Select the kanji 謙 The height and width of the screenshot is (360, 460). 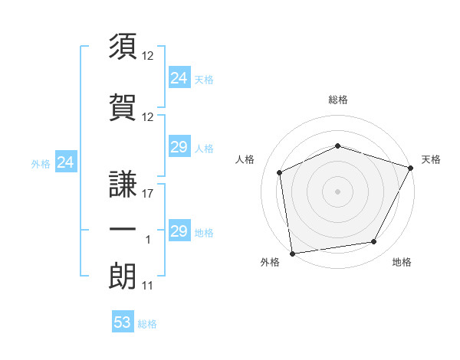tap(123, 185)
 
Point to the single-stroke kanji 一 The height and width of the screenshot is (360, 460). tap(123, 228)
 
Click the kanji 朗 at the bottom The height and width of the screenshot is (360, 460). tap(123, 273)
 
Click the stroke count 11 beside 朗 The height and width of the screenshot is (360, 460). tap(148, 286)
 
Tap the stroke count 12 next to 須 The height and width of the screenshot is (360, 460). tap(148, 57)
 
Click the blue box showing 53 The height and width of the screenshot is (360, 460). tap(123, 322)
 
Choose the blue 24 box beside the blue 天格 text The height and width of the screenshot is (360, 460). tap(179, 78)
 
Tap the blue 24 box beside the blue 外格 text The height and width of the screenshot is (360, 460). tap(66, 162)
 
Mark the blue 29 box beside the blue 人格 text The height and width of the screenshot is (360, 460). tap(179, 148)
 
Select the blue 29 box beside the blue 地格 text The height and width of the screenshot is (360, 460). tap(179, 231)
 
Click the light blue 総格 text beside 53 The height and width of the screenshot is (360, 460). tap(147, 324)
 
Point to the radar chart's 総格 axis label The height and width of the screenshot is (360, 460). tap(337, 100)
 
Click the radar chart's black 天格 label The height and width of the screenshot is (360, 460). tap(431, 159)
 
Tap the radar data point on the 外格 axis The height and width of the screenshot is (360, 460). tap(292, 253)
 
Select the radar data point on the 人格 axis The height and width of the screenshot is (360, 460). tap(280, 172)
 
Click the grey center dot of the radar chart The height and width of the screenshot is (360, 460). tap(337, 191)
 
